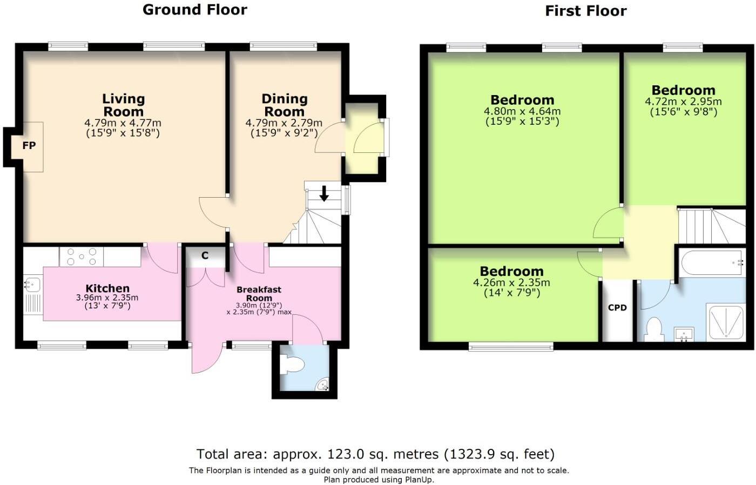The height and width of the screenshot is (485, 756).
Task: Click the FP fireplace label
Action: pyautogui.click(x=29, y=146)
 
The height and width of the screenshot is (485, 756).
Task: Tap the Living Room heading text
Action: pyautogui.click(x=124, y=105)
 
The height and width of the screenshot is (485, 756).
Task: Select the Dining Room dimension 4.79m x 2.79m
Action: pyautogui.click(x=284, y=123)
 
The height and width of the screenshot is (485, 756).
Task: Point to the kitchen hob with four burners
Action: pyautogui.click(x=82, y=257)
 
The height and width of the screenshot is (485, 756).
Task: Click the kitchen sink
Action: pyautogui.click(x=32, y=284)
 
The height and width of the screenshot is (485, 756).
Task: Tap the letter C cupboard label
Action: pyautogui.click(x=205, y=255)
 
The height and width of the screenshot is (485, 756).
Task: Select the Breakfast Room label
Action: pyautogui.click(x=259, y=294)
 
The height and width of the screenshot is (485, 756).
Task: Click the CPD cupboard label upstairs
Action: pyautogui.click(x=617, y=308)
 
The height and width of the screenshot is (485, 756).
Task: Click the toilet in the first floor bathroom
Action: pyautogui.click(x=654, y=328)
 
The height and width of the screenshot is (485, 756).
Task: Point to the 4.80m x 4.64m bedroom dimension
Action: pyautogui.click(x=522, y=112)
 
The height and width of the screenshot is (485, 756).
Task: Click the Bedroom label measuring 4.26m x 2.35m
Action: pyautogui.click(x=511, y=271)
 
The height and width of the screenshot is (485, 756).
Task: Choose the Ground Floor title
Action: pyautogui.click(x=195, y=10)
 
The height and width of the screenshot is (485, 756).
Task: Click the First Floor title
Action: pyautogui.click(x=586, y=11)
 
